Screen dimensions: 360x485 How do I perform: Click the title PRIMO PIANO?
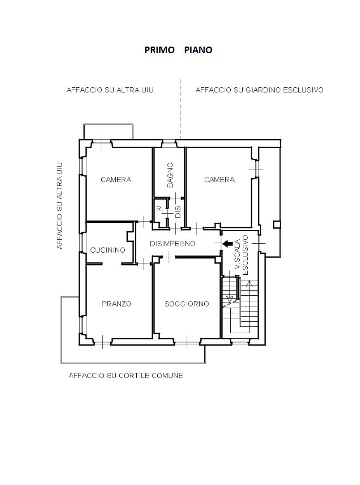tap(178, 50)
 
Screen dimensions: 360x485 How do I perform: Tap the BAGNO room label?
tap(170, 175)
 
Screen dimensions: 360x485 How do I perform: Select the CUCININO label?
tap(108, 250)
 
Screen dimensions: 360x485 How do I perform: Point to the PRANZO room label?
tap(117, 304)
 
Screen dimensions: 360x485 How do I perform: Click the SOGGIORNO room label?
tap(187, 304)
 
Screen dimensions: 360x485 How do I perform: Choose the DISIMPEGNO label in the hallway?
tap(172, 244)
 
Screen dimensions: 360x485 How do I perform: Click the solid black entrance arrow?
tap(228, 243)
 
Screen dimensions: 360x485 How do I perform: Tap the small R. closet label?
tap(160, 209)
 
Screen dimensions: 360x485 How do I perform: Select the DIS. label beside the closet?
tap(178, 211)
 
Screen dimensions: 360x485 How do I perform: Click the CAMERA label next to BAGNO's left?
tap(116, 180)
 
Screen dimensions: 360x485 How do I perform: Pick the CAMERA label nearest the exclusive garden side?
tap(219, 180)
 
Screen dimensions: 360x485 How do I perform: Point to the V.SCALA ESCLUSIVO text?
tap(242, 255)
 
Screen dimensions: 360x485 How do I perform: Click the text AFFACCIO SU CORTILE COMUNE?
tap(126, 376)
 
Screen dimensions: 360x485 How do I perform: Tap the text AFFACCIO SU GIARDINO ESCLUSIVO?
tap(259, 90)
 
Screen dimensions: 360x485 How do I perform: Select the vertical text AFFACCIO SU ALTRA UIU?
tap(59, 206)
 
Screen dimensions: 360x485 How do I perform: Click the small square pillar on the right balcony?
tap(277, 225)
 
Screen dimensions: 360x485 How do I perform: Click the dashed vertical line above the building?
tap(180, 109)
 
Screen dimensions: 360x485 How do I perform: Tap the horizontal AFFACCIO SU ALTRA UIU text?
tap(110, 90)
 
